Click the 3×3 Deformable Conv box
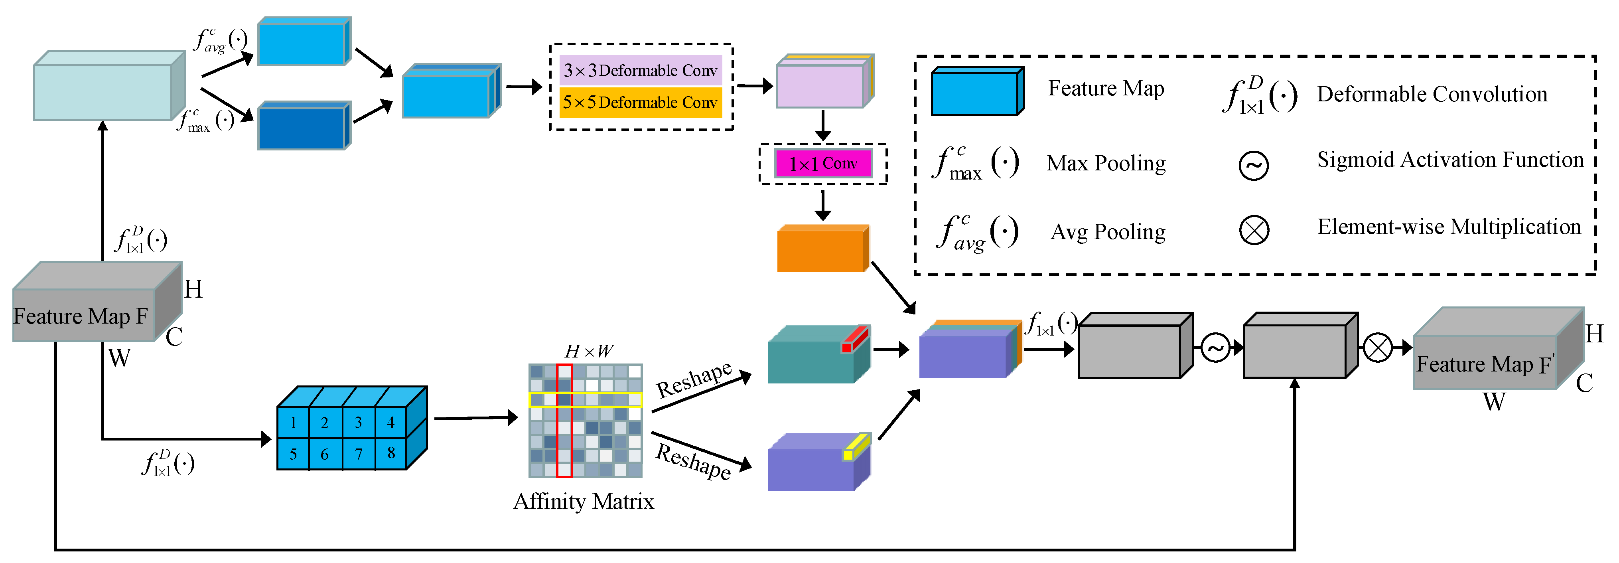click(640, 71)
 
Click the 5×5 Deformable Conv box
click(640, 102)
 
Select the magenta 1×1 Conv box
click(823, 164)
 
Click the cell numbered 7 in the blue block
click(358, 454)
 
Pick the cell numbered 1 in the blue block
click(293, 423)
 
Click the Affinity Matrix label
click(583, 501)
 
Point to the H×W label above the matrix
click(588, 351)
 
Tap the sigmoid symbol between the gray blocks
click(1215, 348)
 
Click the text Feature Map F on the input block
click(81, 316)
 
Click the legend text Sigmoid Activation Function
click(1450, 160)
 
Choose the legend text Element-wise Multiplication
click(1449, 227)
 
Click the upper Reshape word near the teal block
click(694, 379)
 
